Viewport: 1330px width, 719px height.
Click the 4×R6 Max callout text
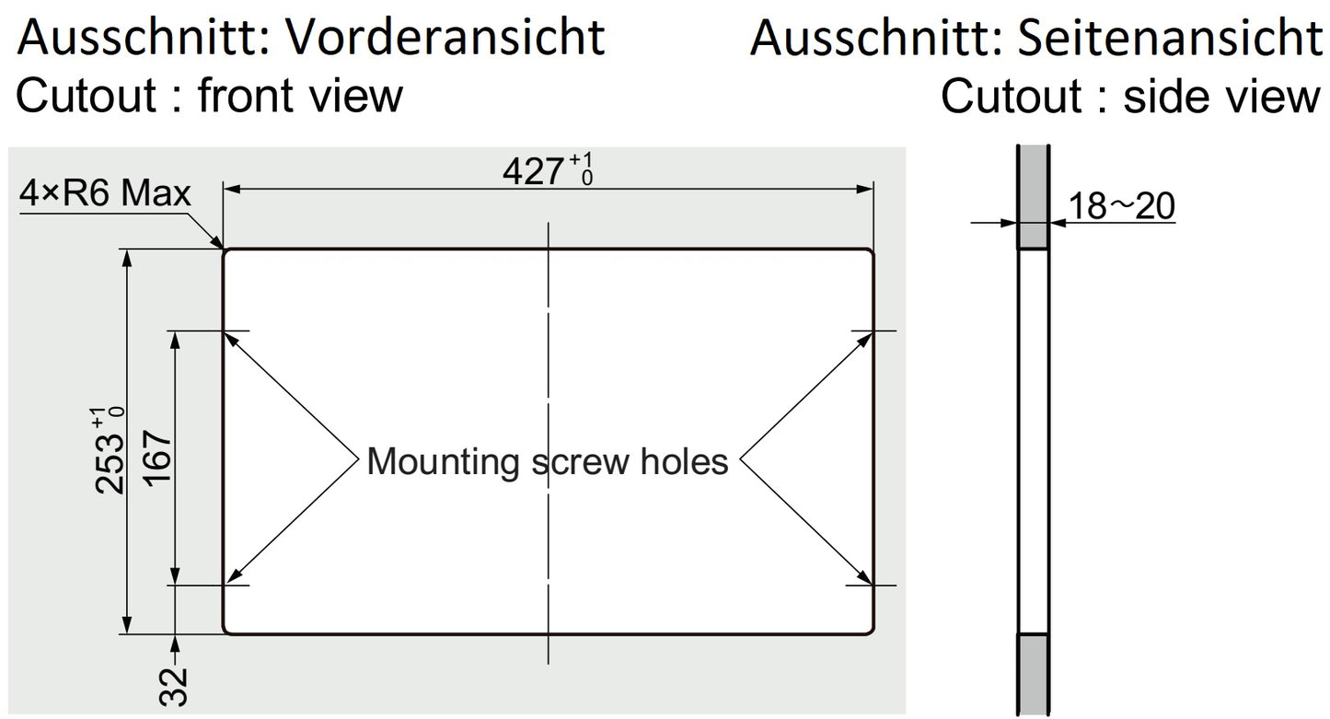(x=105, y=193)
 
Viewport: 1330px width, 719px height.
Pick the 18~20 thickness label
(x=1122, y=206)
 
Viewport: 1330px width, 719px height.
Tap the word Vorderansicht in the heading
(x=445, y=37)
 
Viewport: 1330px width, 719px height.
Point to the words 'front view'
(x=300, y=96)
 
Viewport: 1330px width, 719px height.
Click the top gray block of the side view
(x=1033, y=197)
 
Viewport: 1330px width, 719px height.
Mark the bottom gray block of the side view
(x=1033, y=674)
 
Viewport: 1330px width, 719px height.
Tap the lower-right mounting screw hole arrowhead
(x=864, y=578)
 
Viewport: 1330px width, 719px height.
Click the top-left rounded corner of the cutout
(x=226, y=252)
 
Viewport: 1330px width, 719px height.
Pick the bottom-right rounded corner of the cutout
(x=869, y=631)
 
